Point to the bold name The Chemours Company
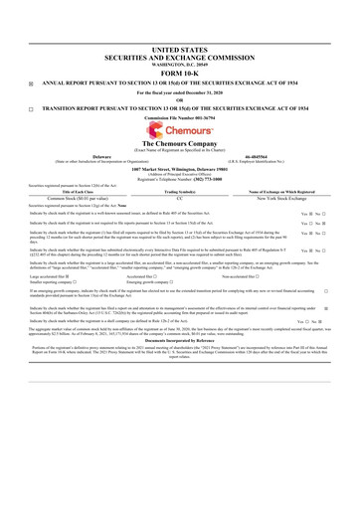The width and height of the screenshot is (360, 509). pos(179,147)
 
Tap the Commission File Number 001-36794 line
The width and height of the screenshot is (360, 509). pos(179,119)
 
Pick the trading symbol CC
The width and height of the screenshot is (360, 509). pos(179,197)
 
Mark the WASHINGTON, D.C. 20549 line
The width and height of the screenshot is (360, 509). pos(179,60)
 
